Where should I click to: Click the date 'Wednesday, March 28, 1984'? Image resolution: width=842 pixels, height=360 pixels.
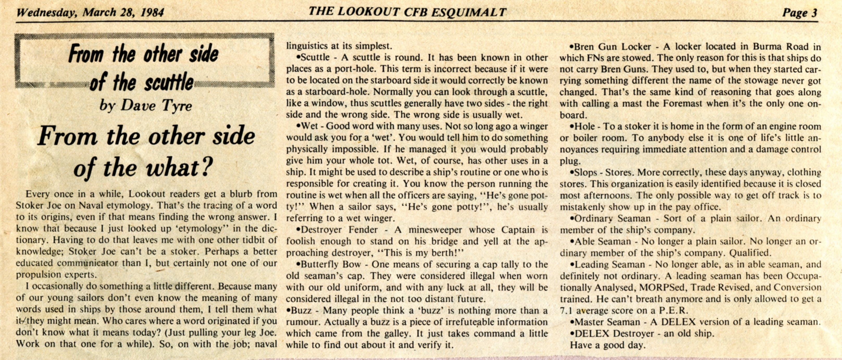[x=90, y=13]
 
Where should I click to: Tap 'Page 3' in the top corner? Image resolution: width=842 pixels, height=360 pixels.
[x=800, y=13]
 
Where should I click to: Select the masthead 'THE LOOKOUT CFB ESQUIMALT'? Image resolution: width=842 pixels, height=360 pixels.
[x=407, y=12]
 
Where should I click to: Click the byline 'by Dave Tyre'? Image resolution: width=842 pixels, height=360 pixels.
[x=145, y=105]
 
